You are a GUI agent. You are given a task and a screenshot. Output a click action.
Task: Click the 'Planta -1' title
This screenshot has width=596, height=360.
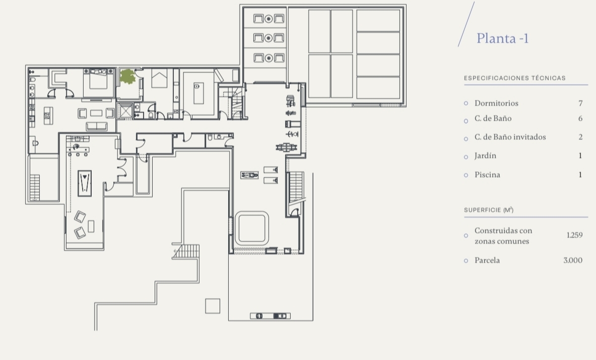click(x=502, y=38)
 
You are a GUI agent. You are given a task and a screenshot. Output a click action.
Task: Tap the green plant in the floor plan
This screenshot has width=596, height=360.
click(x=127, y=77)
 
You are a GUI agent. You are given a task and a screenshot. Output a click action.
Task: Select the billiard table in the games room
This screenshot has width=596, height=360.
click(x=84, y=183)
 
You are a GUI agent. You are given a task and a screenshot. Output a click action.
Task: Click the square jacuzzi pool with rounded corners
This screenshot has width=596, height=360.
click(x=251, y=229)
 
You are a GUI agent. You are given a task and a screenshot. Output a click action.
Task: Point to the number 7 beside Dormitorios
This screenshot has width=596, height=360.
click(x=580, y=103)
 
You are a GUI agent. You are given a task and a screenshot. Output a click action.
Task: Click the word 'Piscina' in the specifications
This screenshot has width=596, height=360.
click(x=487, y=175)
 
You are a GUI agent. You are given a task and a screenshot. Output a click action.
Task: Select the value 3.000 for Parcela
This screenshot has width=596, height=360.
click(x=573, y=260)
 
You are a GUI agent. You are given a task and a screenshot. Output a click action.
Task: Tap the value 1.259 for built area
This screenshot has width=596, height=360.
click(x=574, y=235)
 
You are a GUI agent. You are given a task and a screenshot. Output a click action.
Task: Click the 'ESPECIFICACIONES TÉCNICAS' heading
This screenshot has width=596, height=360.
click(x=515, y=78)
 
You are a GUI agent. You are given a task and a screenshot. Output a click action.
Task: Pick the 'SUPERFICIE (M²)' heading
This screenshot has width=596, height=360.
click(x=488, y=209)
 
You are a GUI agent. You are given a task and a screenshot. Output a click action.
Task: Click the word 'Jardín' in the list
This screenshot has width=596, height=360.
click(x=485, y=156)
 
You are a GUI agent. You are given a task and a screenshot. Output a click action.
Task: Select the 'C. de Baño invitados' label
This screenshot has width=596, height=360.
click(x=510, y=137)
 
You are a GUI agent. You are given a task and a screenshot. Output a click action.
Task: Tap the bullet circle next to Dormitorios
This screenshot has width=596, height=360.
click(x=466, y=103)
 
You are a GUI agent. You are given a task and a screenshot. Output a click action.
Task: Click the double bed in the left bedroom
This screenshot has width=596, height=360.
click(x=98, y=79)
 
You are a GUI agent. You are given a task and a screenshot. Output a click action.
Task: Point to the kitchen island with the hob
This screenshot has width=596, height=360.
click(x=47, y=115)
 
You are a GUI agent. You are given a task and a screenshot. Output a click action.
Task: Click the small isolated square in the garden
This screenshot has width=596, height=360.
click(x=213, y=306)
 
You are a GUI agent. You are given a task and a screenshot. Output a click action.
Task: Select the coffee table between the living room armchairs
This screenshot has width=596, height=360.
click(x=96, y=113)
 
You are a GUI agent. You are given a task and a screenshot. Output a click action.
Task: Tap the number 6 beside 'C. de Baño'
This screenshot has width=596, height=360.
click(x=580, y=118)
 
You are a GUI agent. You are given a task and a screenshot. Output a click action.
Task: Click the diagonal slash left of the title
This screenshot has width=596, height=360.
click(x=467, y=24)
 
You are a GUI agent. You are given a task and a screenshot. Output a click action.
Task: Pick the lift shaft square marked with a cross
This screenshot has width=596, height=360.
click(x=124, y=111)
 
